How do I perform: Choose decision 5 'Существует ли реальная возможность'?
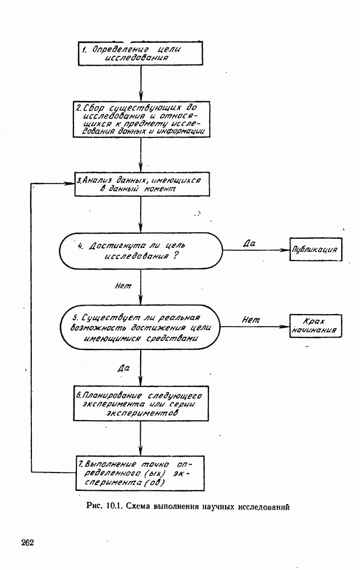tap(140, 327)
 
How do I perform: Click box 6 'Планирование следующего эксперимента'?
tap(140, 404)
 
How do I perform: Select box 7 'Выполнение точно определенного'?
tap(140, 473)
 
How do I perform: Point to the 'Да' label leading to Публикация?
tap(248, 243)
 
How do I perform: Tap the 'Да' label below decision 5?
tap(123, 369)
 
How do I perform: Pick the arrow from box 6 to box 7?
tap(140, 439)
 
